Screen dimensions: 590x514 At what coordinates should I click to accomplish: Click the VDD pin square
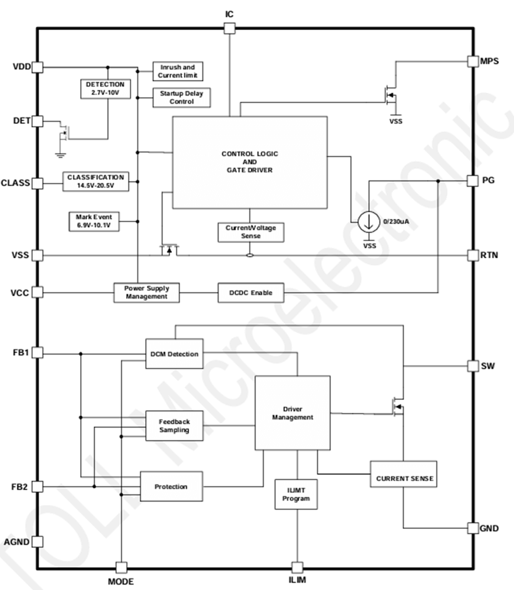(37, 67)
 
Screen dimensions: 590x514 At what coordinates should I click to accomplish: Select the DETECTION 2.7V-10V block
(105, 89)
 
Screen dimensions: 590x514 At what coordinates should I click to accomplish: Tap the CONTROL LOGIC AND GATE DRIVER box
(249, 162)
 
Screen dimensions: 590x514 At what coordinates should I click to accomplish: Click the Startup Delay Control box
(181, 98)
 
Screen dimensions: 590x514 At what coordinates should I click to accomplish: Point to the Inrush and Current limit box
(177, 71)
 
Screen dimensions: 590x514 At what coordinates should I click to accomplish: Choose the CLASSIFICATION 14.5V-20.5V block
(96, 182)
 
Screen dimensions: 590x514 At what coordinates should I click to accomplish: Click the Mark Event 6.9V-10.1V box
(93, 221)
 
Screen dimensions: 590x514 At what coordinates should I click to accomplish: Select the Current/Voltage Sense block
(250, 232)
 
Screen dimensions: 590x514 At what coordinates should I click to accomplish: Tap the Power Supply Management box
(147, 292)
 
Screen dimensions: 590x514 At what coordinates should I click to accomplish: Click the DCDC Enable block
(251, 293)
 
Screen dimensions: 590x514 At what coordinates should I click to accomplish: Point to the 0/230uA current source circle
(368, 222)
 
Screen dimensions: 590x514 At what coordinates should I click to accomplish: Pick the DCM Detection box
(174, 354)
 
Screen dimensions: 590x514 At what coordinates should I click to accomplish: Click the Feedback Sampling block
(174, 426)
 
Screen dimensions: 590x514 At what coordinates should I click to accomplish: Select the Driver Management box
(292, 413)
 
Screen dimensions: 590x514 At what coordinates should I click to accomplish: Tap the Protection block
(171, 487)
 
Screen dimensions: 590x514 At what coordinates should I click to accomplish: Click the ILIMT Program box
(296, 494)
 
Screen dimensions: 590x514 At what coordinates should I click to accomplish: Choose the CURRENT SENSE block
(404, 478)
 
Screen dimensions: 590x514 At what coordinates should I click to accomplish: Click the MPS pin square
(472, 61)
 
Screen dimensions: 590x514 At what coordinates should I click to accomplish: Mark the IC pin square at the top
(229, 28)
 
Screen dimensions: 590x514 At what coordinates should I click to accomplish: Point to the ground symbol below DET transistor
(61, 156)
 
